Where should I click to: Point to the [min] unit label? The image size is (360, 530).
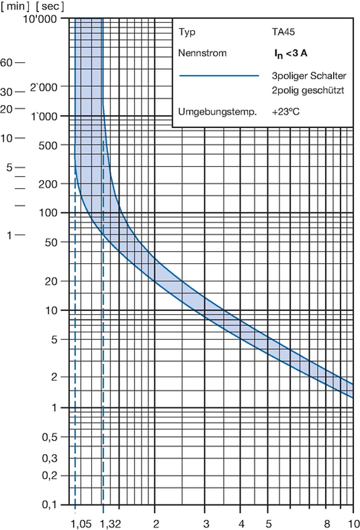[15, 6]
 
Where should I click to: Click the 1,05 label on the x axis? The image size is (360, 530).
[81, 524]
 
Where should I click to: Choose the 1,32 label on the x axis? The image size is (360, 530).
[111, 524]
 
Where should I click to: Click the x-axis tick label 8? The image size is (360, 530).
[327, 524]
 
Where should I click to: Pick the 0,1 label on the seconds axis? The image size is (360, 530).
[50, 505]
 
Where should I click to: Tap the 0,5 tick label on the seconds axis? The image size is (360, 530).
[50, 437]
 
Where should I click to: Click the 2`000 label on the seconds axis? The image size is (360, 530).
[44, 87]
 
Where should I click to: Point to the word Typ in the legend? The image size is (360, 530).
[187, 32]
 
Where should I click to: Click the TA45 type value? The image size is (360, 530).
[283, 32]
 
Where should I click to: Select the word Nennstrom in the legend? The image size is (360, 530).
[202, 53]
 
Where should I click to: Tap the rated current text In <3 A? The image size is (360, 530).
[291, 54]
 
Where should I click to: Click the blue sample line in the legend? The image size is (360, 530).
[219, 76]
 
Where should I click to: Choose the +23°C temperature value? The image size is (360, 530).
[286, 112]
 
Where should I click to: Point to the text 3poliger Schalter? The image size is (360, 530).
[309, 76]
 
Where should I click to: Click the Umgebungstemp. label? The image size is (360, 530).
[217, 112]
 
